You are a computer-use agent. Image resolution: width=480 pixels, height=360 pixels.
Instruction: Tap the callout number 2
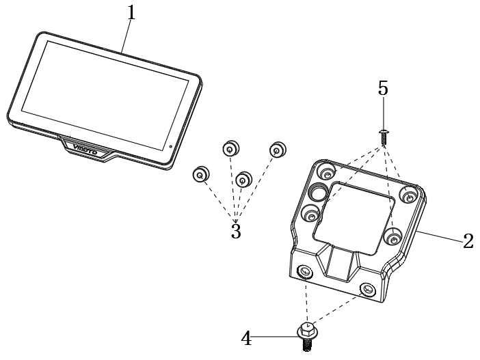pyautogui.click(x=468, y=241)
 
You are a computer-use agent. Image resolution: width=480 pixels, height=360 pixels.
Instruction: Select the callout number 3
pyautogui.click(x=236, y=232)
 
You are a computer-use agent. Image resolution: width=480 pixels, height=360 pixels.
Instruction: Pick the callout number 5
pyautogui.click(x=383, y=88)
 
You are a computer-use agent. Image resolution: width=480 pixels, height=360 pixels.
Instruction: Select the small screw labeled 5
pyautogui.click(x=384, y=135)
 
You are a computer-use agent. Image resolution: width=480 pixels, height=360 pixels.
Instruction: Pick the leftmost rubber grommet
pyautogui.click(x=200, y=174)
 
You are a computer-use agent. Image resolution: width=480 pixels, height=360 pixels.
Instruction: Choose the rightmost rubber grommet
pyautogui.click(x=277, y=150)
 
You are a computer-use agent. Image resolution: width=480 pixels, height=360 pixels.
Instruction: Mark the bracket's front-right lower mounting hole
pyautogui.click(x=368, y=289)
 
